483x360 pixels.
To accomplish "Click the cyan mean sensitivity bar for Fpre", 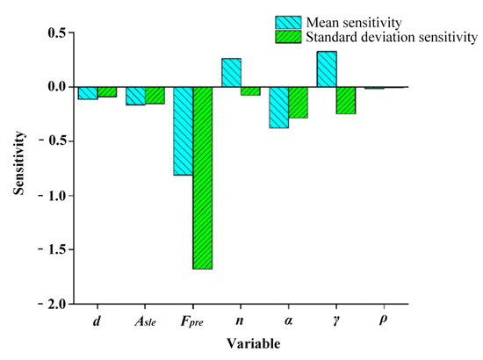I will click(x=183, y=131).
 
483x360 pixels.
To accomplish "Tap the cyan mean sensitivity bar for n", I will click(x=231, y=72).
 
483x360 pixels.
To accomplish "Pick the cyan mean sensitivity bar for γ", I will click(x=326, y=68).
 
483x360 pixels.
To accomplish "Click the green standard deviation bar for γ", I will click(x=345, y=100).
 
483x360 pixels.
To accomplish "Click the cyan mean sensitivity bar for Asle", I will click(x=135, y=96).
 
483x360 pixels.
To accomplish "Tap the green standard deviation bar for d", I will click(x=107, y=91).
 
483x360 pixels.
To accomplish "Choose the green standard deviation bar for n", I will click(x=250, y=90).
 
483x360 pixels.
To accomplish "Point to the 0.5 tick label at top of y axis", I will click(x=56, y=33).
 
